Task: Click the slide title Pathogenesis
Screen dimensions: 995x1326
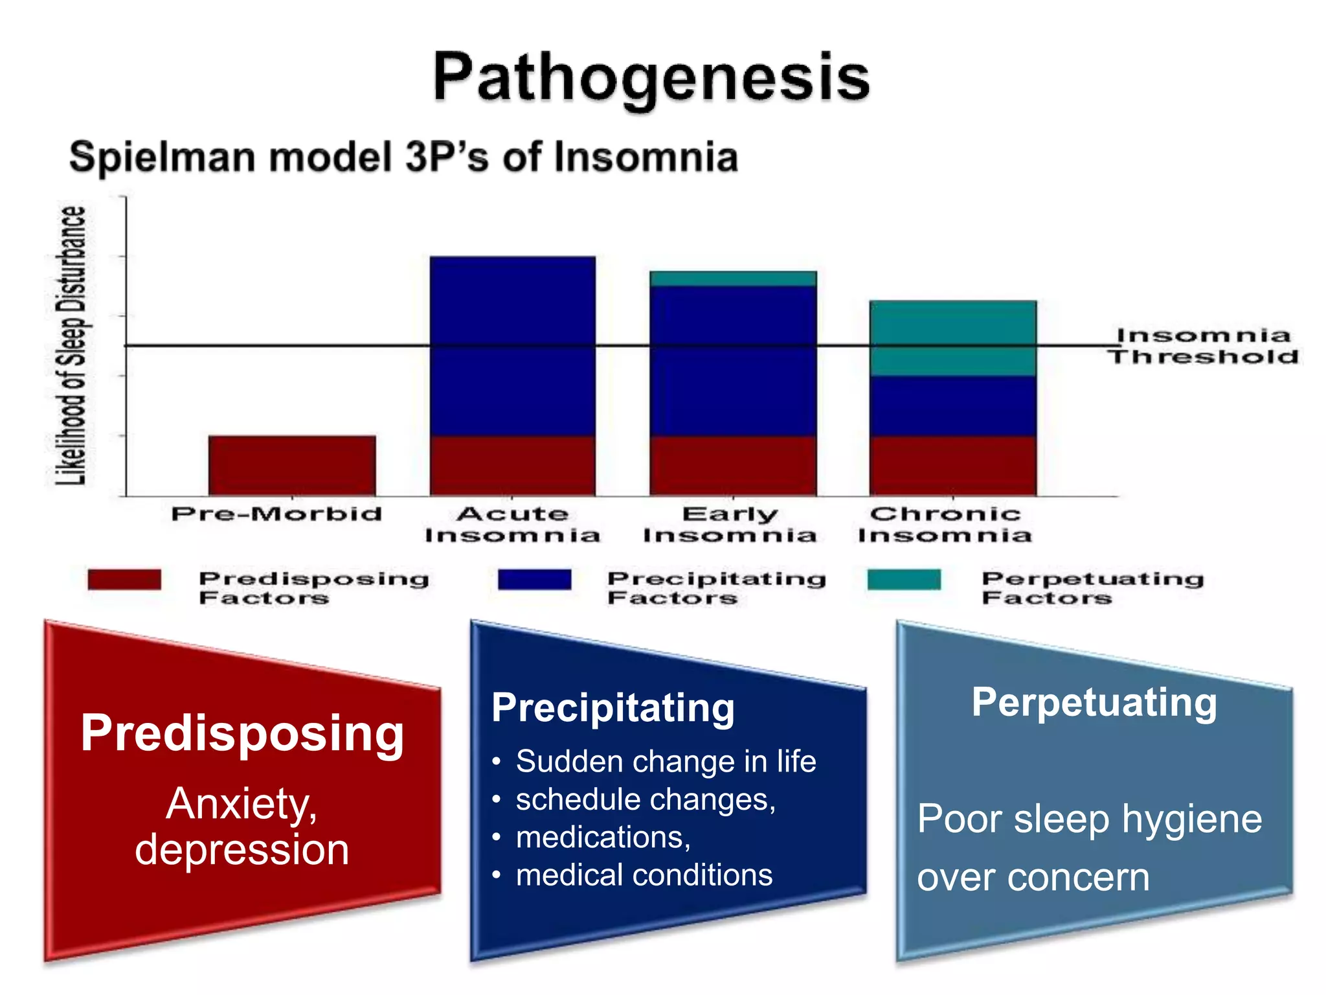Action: tap(651, 78)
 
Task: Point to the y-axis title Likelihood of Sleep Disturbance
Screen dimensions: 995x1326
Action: tap(71, 345)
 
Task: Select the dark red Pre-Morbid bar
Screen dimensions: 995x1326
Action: tap(292, 466)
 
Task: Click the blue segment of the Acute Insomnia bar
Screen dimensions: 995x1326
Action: tap(513, 347)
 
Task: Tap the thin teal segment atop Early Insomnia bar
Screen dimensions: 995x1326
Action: tap(733, 279)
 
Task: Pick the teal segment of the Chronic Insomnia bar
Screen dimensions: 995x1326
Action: tap(952, 338)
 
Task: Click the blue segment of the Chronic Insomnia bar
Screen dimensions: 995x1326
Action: tap(952, 406)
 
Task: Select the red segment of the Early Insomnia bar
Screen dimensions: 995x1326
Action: tap(733, 466)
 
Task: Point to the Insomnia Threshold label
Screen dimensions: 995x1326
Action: tap(1203, 347)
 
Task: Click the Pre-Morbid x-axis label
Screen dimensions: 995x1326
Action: tap(276, 514)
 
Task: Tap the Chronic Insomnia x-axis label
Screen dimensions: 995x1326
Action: tap(945, 525)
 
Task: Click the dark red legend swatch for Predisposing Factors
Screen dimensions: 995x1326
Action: tap(124, 580)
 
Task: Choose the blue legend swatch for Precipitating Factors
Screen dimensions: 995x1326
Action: tap(535, 580)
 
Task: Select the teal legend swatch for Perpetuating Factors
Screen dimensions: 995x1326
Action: tap(904, 580)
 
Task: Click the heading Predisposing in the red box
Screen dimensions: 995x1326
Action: tap(242, 733)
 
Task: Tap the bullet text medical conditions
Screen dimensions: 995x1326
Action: tap(644, 875)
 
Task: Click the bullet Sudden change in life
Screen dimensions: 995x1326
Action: tap(666, 762)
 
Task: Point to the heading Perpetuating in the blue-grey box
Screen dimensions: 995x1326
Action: tap(1094, 703)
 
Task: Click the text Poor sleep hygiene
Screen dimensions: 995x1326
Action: tap(1090, 819)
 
